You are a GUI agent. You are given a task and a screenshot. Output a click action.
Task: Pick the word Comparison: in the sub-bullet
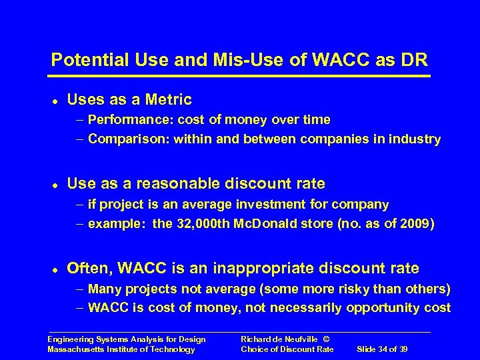point(125,139)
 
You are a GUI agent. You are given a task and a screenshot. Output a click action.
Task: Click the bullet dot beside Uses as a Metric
point(53,101)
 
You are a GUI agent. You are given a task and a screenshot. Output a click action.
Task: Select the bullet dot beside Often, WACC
point(53,270)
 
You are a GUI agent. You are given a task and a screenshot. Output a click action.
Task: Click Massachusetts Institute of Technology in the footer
point(122,349)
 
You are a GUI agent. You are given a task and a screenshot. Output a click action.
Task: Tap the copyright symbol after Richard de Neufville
point(325,340)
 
